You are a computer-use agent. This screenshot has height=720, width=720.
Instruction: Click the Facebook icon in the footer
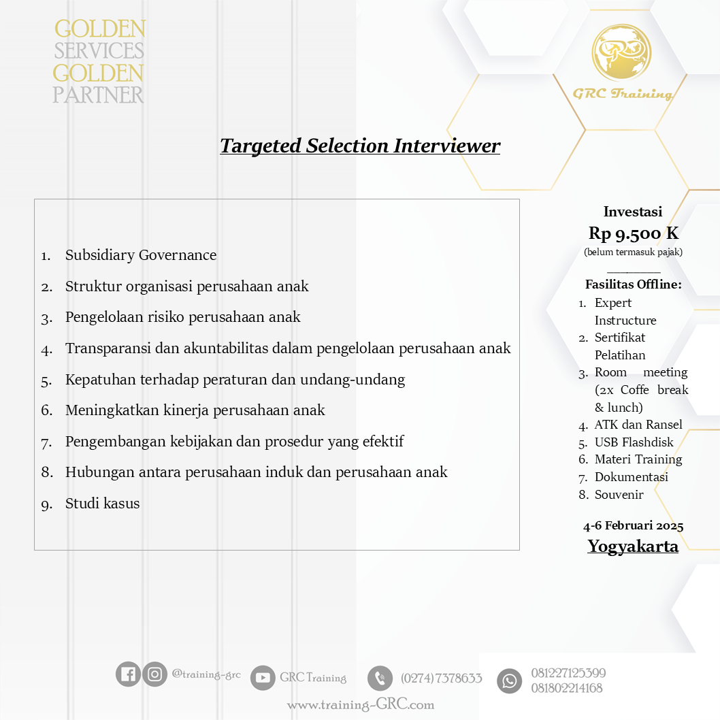coord(128,674)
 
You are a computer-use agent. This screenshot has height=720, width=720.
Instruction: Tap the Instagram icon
coord(155,674)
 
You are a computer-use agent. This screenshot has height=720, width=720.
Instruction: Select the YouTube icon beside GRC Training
coord(263,678)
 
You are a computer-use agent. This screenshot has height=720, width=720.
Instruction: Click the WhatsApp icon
coord(509,681)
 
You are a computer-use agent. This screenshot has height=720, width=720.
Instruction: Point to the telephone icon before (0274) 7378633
coord(380,678)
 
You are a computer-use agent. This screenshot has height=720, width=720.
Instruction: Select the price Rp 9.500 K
coord(633,233)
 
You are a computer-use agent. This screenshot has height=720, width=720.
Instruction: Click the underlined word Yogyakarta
coord(633,546)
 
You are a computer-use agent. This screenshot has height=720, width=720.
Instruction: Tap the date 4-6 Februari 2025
coord(633,526)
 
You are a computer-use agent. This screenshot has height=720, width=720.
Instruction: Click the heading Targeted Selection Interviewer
coord(360,146)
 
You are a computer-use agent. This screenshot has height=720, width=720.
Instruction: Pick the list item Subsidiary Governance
coord(141,255)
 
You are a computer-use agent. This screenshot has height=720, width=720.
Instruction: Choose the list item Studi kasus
coord(103,504)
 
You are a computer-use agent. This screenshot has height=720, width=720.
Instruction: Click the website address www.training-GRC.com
coord(361,705)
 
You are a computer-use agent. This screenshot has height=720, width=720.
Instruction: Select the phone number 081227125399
coord(568,673)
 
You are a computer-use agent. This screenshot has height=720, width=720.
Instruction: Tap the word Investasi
coord(633,212)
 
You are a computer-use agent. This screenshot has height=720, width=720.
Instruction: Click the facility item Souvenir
coord(619,495)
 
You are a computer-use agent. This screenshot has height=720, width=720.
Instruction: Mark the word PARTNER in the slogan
coord(99,95)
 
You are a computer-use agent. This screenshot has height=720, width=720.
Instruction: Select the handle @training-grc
coord(206,674)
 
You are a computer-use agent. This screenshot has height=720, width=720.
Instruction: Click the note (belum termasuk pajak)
coord(633,252)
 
